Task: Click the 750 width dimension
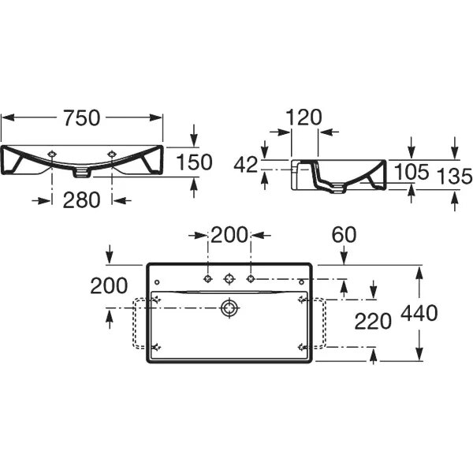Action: click(81, 117)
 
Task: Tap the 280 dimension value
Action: click(81, 199)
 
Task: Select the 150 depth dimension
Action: click(194, 162)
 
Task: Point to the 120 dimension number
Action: click(304, 117)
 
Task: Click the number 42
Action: click(246, 165)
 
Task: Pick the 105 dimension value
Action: click(412, 172)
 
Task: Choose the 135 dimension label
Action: click(454, 176)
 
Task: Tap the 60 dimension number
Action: click(344, 235)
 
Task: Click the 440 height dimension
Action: click(419, 313)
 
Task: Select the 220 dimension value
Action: click(373, 322)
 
